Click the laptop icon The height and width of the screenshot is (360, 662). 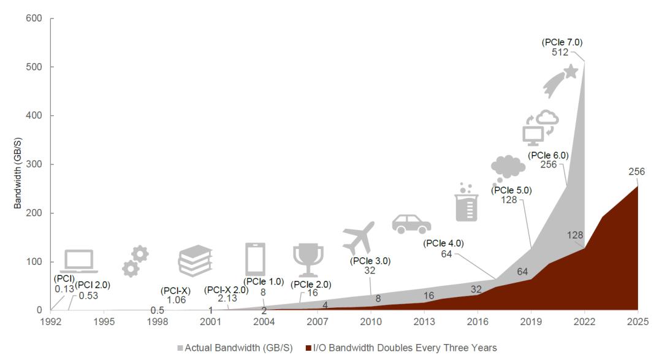pyautogui.click(x=79, y=261)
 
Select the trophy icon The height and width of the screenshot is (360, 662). pyautogui.click(x=308, y=259)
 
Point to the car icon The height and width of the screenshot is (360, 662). pyautogui.click(x=411, y=224)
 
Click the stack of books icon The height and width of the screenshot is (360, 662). pyautogui.click(x=195, y=260)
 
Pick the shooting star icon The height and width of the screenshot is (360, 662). pyautogui.click(x=560, y=80)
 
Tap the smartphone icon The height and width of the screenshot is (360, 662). pyautogui.click(x=255, y=259)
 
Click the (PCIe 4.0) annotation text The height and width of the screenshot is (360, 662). pyautogui.click(x=443, y=243)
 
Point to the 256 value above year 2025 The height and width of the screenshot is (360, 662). pyautogui.click(x=636, y=172)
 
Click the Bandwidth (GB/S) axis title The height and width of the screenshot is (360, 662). pyautogui.click(x=20, y=165)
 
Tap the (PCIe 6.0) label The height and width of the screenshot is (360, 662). pyautogui.click(x=548, y=155)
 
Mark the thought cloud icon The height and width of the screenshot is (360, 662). pyautogui.click(x=508, y=167)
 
